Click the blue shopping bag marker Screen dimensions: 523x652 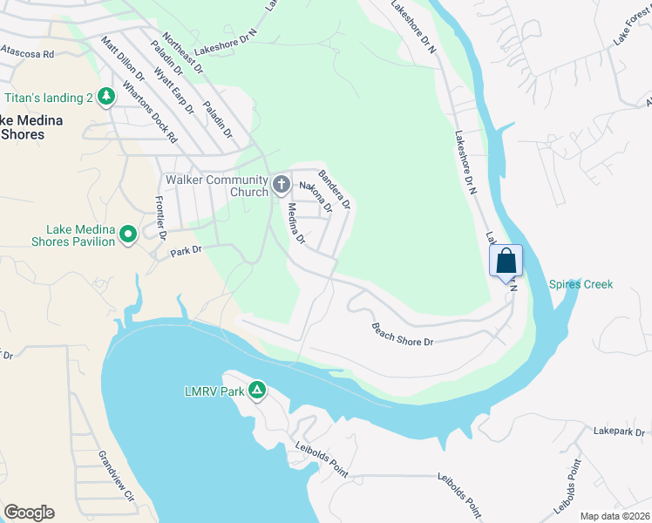(506, 261)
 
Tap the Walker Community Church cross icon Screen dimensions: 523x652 (281, 184)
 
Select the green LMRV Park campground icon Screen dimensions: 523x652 (257, 391)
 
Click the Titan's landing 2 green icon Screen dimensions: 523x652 (106, 95)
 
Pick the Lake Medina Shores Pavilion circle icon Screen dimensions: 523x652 (128, 234)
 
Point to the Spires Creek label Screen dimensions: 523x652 (581, 284)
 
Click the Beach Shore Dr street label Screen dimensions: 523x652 (403, 335)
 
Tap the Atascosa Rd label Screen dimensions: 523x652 (28, 53)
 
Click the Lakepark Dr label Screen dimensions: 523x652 (619, 431)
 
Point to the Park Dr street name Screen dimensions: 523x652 (186, 250)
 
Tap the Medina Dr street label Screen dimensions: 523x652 (295, 223)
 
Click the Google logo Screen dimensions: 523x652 (29, 513)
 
